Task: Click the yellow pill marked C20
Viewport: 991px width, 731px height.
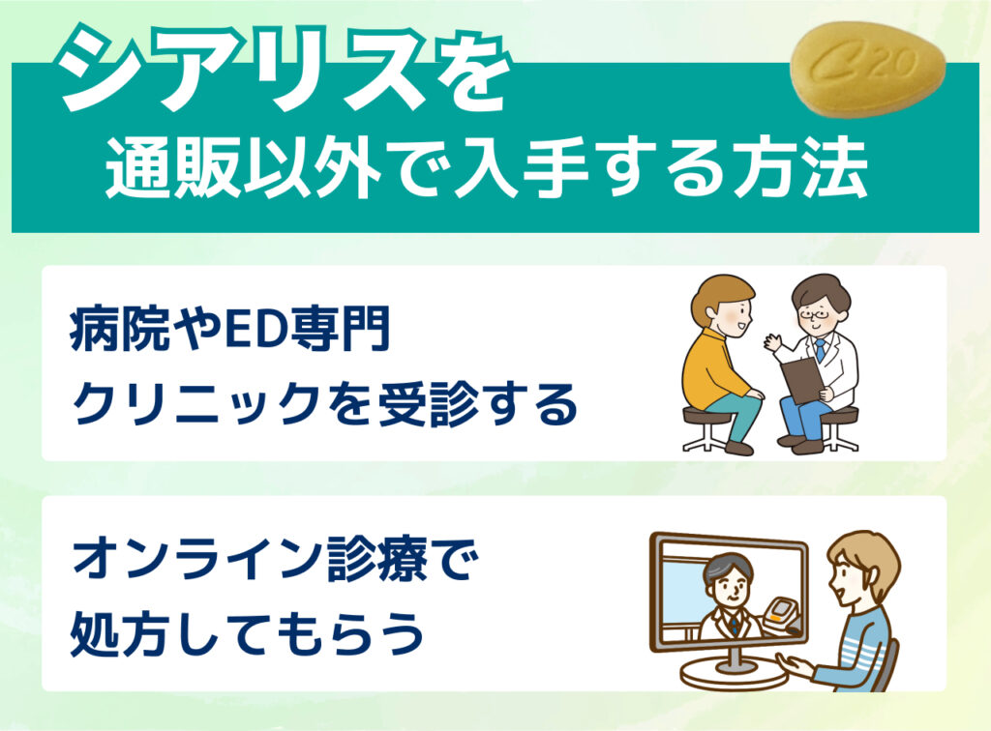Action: [x=868, y=69]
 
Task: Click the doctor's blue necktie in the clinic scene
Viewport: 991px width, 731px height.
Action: [x=820, y=350]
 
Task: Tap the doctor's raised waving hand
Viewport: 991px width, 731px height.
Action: [x=773, y=343]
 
